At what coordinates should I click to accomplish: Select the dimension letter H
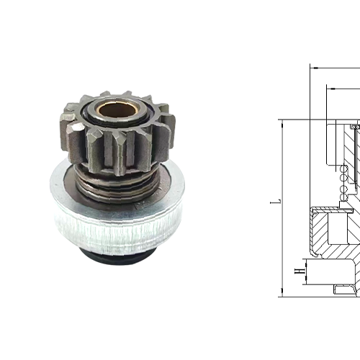(297, 271)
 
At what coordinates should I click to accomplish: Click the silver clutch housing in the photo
(115, 216)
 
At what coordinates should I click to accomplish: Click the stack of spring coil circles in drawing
(344, 183)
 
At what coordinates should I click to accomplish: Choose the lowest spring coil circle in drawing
(344, 196)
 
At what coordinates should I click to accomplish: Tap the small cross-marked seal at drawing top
(354, 127)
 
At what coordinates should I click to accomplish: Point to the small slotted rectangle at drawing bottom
(346, 289)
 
